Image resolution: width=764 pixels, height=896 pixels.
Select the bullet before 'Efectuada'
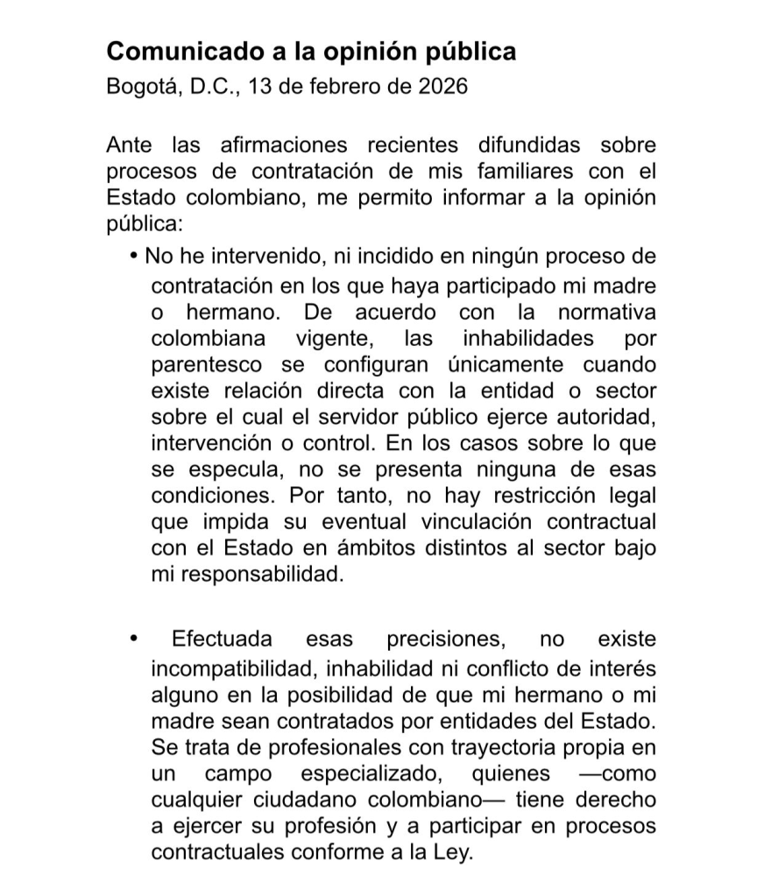[x=133, y=639]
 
